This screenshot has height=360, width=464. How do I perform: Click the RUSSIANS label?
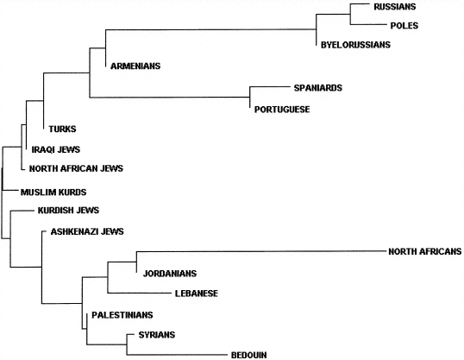pos(395,7)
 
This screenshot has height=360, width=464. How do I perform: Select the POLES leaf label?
pos(404,26)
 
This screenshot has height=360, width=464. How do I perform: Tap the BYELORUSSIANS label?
pos(355,45)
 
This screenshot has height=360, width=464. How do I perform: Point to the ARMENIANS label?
pos(135,66)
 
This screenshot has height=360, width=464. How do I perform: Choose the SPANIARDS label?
pos(318,88)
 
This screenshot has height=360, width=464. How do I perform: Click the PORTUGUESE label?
pos(282,110)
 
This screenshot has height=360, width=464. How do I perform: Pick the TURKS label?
pos(62,129)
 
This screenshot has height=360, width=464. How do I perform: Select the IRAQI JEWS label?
pos(56,149)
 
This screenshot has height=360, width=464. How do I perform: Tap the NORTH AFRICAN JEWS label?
pos(76,168)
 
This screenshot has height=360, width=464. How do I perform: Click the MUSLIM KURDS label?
pos(53,192)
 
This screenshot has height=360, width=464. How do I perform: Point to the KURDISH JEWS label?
pos(68,210)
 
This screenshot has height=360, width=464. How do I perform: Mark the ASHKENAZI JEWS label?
pos(87,231)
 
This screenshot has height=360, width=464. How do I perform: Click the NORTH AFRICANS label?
pos(425,251)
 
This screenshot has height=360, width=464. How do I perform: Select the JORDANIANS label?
pos(170,273)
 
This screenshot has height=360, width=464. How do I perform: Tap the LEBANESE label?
pos(197,294)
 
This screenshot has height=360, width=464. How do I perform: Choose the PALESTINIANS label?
pos(122,314)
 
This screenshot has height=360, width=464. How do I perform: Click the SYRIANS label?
pos(157,335)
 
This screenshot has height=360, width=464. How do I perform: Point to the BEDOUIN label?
pos(249,355)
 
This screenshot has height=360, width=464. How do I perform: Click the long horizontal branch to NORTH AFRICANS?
pos(261,252)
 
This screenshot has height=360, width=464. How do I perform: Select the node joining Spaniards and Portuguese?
pos(250,98)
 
